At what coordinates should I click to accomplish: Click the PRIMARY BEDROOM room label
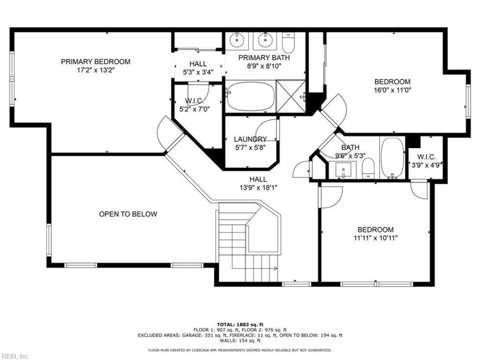(95, 61)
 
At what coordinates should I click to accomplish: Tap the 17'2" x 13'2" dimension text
(95, 70)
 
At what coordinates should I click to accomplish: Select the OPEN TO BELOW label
(128, 214)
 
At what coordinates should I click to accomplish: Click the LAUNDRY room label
(250, 139)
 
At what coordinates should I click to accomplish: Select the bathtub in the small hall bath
(393, 159)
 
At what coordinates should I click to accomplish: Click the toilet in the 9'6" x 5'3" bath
(369, 167)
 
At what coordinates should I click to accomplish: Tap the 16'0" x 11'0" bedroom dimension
(392, 91)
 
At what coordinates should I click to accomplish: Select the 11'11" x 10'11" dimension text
(375, 238)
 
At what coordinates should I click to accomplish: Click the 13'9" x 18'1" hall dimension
(259, 187)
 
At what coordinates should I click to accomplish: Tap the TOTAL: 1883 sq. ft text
(240, 323)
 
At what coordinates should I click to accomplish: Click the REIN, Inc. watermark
(15, 356)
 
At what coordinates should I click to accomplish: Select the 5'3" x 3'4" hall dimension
(198, 73)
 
